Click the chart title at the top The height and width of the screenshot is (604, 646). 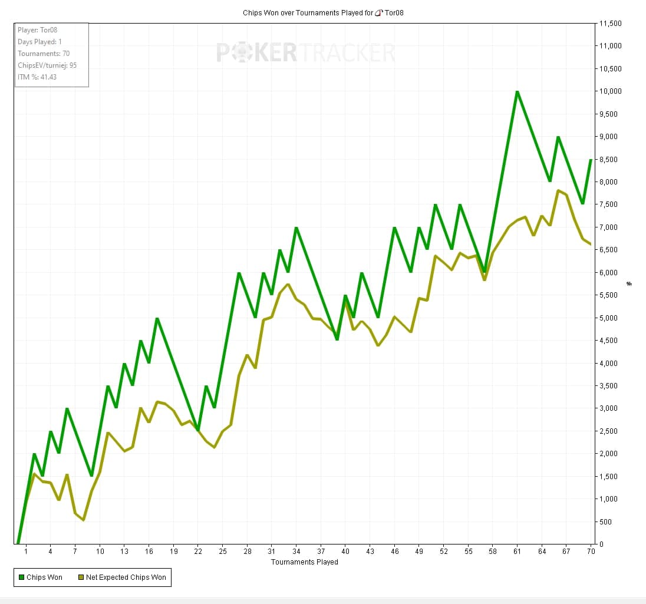point(323,12)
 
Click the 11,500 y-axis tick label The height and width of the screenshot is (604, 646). point(610,24)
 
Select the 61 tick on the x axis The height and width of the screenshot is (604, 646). point(517,552)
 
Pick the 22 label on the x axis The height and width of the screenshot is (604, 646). point(198,552)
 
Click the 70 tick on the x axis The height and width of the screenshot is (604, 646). point(591,552)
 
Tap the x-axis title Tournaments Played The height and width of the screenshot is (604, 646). point(304,562)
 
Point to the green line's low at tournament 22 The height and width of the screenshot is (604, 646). point(198,430)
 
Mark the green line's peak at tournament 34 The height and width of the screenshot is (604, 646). point(296,227)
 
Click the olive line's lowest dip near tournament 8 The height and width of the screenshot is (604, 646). point(83,520)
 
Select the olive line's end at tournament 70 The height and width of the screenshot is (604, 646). point(590,244)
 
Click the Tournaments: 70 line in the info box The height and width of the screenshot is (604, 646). point(44,54)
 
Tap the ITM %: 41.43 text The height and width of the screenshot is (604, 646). point(37,77)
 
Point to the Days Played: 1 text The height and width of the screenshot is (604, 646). point(39,42)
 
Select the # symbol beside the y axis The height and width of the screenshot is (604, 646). point(629,283)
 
